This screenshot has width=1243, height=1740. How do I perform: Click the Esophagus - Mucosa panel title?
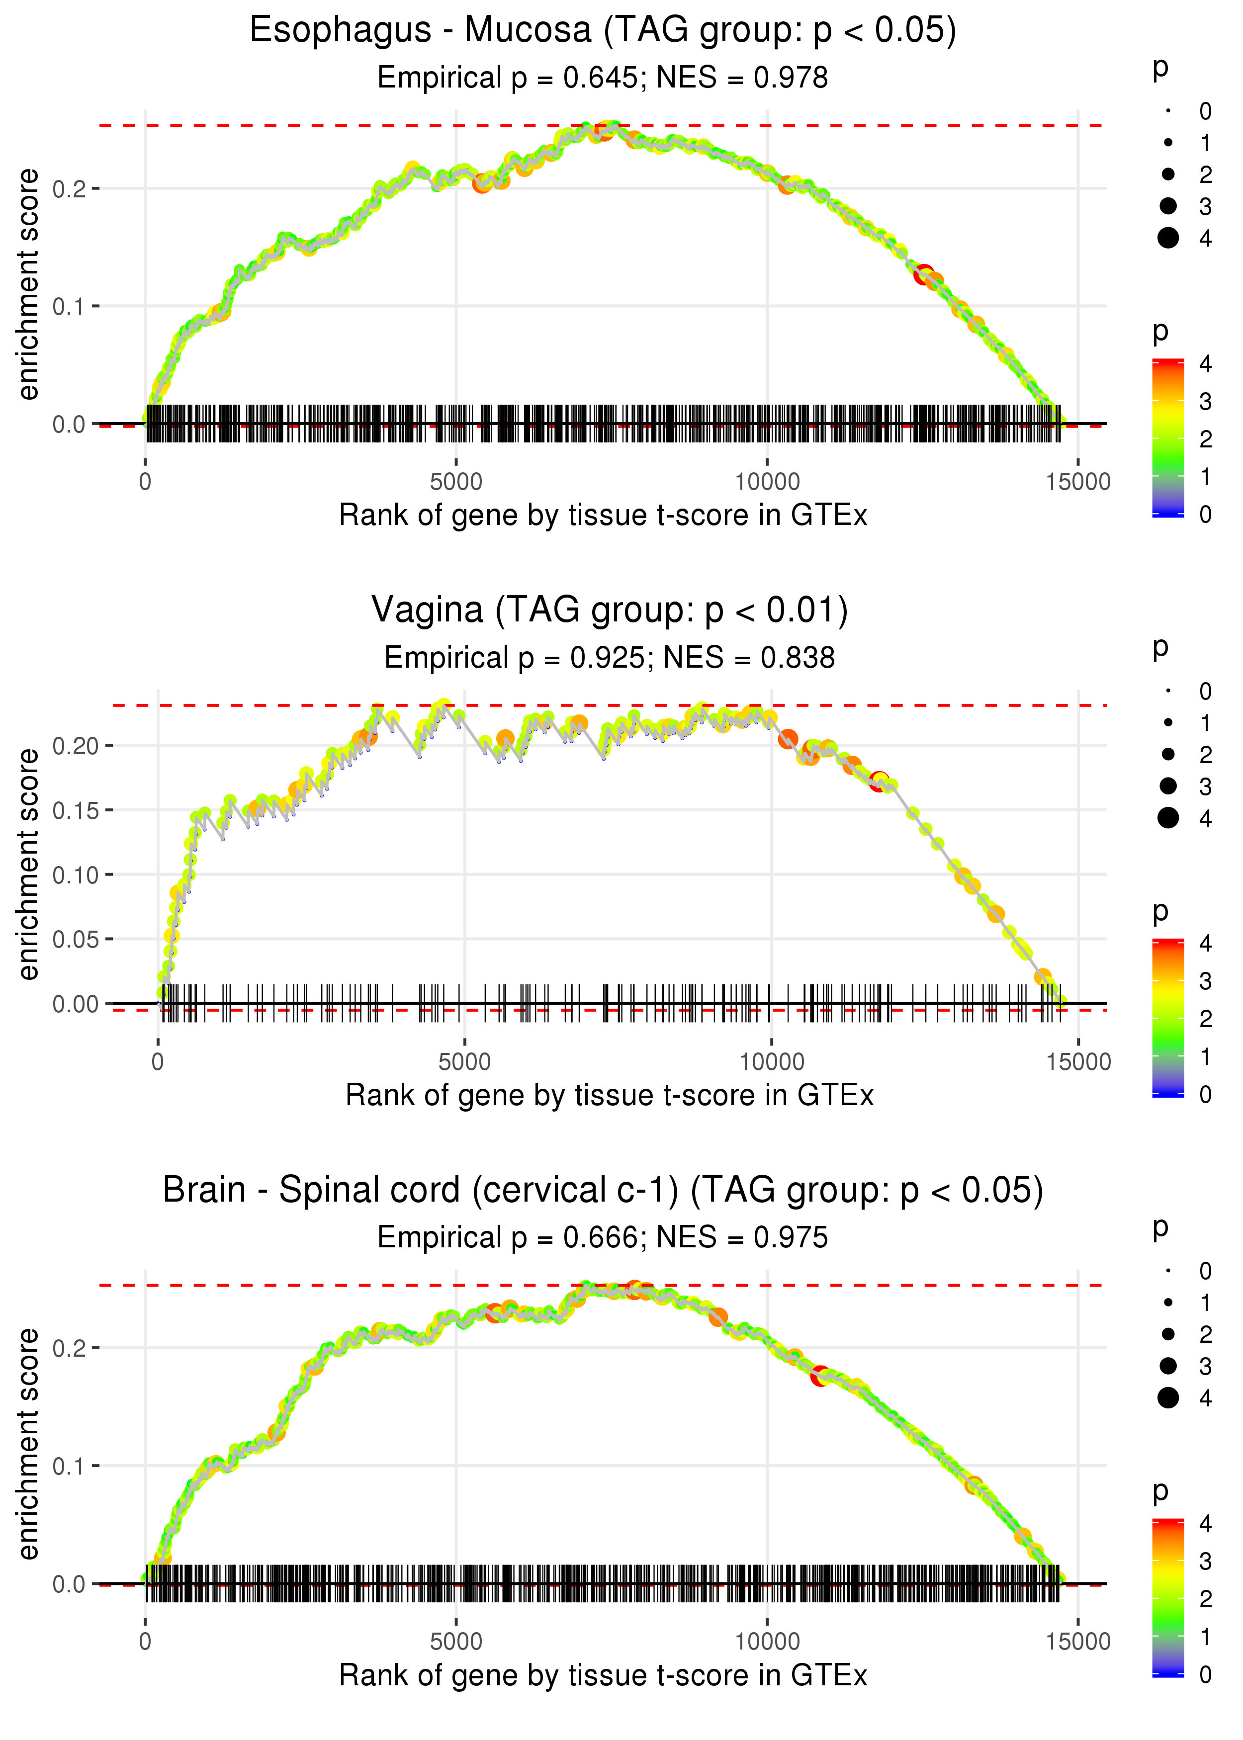click(603, 31)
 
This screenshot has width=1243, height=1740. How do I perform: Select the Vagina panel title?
click(609, 610)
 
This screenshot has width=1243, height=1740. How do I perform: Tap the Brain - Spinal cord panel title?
click(603, 1191)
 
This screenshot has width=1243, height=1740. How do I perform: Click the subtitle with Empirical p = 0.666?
click(603, 1238)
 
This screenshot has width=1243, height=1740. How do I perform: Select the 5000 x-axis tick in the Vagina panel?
click(464, 1062)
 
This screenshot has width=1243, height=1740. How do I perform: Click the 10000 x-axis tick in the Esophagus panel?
click(767, 482)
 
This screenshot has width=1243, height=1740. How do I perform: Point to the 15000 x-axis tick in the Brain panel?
click(1077, 1642)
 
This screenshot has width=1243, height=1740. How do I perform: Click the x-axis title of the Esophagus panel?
click(603, 516)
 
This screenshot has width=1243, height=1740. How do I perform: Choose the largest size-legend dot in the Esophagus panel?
click(1168, 238)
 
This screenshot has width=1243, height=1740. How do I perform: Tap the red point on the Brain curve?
click(820, 1376)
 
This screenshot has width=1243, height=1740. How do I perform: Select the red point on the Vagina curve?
click(879, 781)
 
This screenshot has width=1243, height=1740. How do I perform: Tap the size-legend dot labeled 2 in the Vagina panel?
click(1168, 755)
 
